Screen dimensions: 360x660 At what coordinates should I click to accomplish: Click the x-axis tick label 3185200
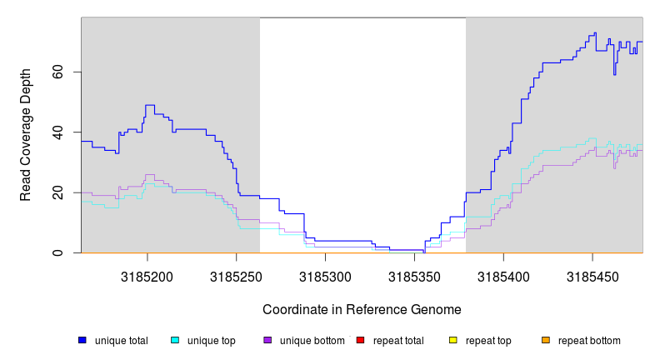tap(147, 276)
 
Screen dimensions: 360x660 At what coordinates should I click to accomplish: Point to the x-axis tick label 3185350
tap(414, 276)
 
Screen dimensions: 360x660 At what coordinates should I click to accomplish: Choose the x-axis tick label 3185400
tap(503, 276)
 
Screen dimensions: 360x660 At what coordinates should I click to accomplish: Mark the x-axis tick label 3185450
tap(592, 276)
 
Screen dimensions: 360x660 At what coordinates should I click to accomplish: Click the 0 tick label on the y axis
tap(56, 252)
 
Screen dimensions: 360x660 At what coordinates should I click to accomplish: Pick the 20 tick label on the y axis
tap(56, 192)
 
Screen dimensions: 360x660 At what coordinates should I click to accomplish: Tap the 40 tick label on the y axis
tap(56, 132)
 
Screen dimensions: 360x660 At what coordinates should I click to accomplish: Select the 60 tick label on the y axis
tap(56, 72)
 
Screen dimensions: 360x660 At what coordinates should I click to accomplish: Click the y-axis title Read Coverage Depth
tap(26, 135)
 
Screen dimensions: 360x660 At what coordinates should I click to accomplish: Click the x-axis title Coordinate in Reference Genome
tap(362, 309)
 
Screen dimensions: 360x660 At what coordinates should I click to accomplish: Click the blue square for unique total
tap(82, 340)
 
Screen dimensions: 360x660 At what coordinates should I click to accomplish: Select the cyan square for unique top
tap(175, 340)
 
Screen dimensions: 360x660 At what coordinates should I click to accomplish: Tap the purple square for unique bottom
tap(267, 340)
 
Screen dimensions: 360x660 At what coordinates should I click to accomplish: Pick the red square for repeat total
tap(360, 340)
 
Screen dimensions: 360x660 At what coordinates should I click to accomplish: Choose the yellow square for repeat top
tap(453, 340)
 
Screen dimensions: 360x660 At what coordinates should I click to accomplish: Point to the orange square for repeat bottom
tap(546, 340)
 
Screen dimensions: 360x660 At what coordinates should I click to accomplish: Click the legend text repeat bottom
tap(589, 341)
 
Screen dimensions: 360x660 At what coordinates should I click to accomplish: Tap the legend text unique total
tap(121, 341)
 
